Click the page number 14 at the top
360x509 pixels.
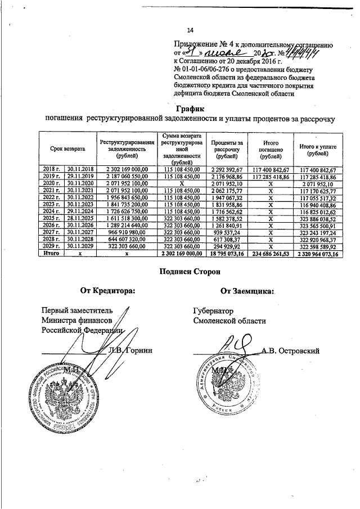[190, 30]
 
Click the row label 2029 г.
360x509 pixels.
[52, 246]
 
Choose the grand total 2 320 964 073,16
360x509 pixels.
[318, 254]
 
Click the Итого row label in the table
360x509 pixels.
[52, 254]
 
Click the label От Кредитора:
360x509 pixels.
[107, 291]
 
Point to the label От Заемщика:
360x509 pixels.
[247, 291]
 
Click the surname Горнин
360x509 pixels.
[138, 350]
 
